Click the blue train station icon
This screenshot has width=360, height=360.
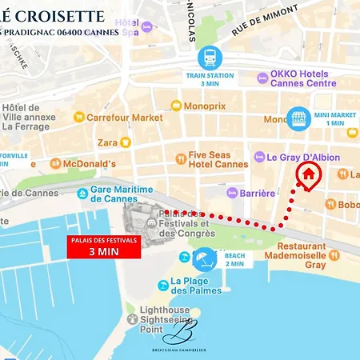(x=210, y=58)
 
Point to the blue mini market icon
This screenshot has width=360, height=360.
(x=299, y=118)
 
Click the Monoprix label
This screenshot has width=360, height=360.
(x=205, y=105)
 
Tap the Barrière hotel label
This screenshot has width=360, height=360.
(x=256, y=193)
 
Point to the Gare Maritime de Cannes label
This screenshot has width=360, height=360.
(x=120, y=194)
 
